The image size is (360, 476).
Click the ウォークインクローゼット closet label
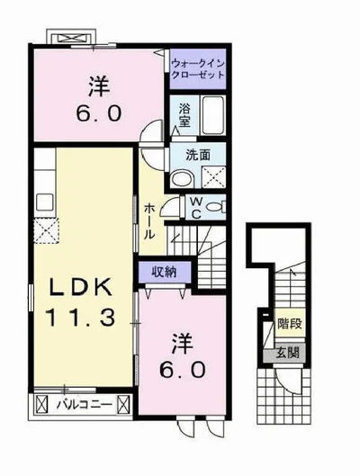[x=198, y=69]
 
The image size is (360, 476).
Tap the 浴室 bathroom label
[x=184, y=115]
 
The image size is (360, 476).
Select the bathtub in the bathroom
[x=213, y=115]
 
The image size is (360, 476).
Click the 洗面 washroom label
[x=198, y=155]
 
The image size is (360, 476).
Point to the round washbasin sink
[x=182, y=178]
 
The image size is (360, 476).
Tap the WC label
[x=196, y=208]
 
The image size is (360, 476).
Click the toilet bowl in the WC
[x=215, y=207]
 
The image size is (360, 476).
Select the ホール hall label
[x=149, y=221]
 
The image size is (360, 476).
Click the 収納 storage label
[x=164, y=272]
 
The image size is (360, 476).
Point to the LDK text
[x=81, y=288]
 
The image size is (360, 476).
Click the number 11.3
[x=80, y=318]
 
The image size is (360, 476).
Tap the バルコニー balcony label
[x=85, y=404]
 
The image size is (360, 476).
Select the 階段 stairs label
[x=290, y=324]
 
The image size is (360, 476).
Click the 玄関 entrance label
[x=287, y=353]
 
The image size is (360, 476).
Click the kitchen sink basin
[x=45, y=202]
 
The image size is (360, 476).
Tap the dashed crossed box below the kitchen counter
[x=46, y=230]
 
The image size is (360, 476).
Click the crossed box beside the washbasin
[x=214, y=177]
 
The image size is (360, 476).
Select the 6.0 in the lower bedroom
[x=183, y=370]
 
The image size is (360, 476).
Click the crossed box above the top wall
[x=72, y=38]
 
